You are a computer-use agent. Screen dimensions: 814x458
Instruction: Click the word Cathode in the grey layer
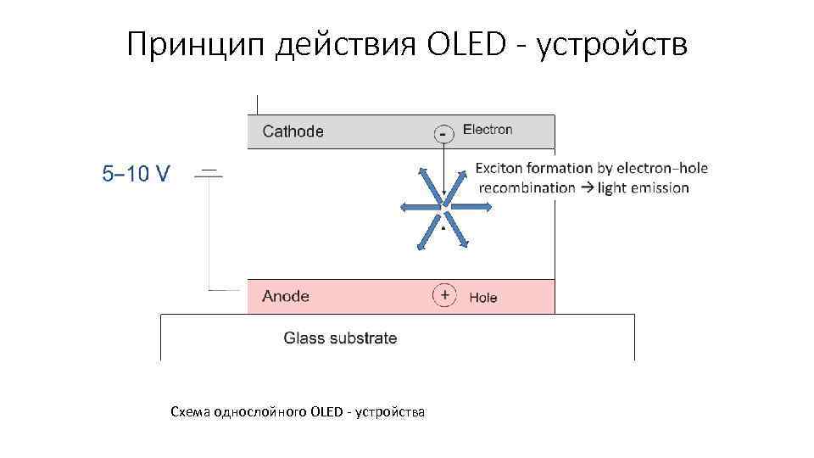293,131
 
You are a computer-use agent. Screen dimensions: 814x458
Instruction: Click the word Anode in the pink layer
286,296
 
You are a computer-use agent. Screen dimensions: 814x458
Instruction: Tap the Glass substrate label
340,338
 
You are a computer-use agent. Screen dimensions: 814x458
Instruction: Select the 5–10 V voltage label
136,174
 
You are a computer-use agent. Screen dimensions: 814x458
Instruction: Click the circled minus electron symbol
443,133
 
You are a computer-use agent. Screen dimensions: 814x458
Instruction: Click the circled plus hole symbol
443,296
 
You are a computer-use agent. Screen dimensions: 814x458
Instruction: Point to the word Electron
488,130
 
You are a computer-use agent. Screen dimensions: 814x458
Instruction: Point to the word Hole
483,298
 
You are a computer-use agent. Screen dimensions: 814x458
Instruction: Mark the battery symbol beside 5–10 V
209,174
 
